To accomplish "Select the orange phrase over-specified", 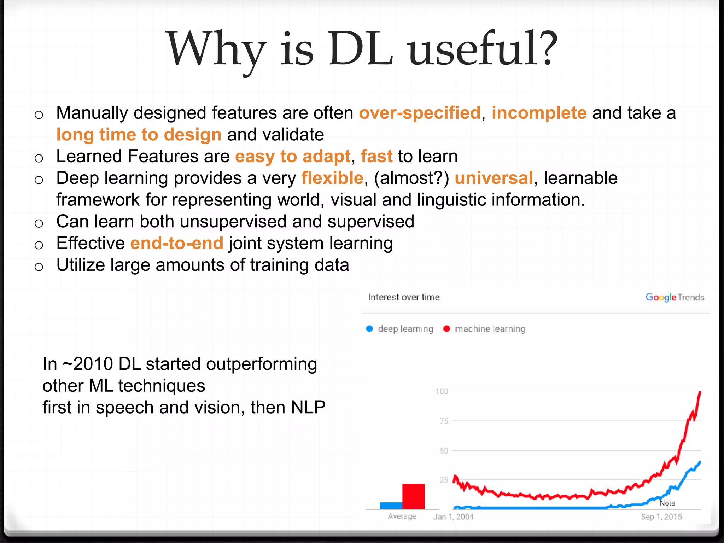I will pyautogui.click(x=420, y=113).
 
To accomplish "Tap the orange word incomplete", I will pyautogui.click(x=539, y=113).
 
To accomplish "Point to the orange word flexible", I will pyautogui.click(x=332, y=178).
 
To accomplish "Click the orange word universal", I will pyautogui.click(x=494, y=178).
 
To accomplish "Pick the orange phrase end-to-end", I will pyautogui.click(x=177, y=244).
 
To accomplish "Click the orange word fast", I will pyautogui.click(x=376, y=156).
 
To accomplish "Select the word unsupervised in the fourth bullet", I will pyautogui.click(x=233, y=222).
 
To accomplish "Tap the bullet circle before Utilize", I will pyautogui.click(x=39, y=267).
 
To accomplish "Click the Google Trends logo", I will pyautogui.click(x=675, y=297).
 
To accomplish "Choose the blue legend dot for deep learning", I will pyautogui.click(x=369, y=329).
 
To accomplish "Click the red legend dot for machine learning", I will pyautogui.click(x=446, y=329).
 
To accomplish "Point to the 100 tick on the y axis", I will pyautogui.click(x=442, y=391).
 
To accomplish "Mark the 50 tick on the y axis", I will pyautogui.click(x=444, y=451).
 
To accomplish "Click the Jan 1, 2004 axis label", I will pyautogui.click(x=454, y=517).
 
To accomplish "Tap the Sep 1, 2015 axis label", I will pyautogui.click(x=661, y=517).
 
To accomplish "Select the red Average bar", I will pyautogui.click(x=413, y=496).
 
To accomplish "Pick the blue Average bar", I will pyautogui.click(x=391, y=506).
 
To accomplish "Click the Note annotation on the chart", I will pyautogui.click(x=667, y=503).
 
